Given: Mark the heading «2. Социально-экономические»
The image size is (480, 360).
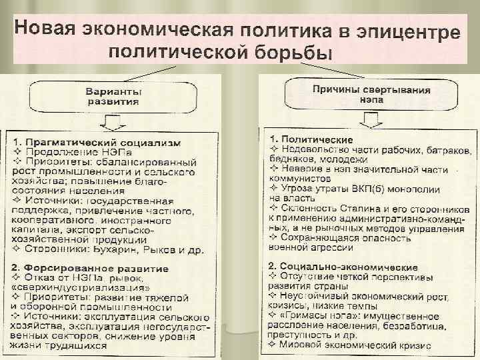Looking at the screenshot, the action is (340, 266).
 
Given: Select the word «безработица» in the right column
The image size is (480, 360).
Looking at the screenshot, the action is (402, 325).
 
